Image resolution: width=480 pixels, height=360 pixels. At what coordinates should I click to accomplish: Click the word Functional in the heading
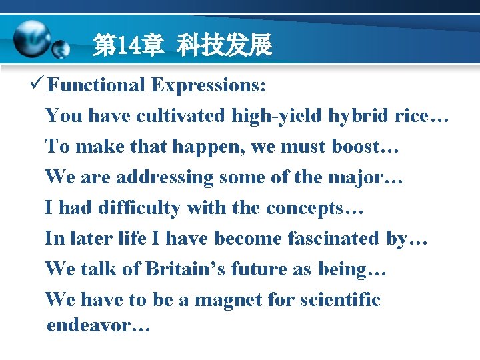tap(96, 85)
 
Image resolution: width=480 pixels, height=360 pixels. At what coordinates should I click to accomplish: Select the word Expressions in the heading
tap(208, 85)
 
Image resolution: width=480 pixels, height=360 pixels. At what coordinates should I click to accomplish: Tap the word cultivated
tap(181, 116)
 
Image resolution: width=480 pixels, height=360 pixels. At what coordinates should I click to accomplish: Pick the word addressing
tap(165, 177)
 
